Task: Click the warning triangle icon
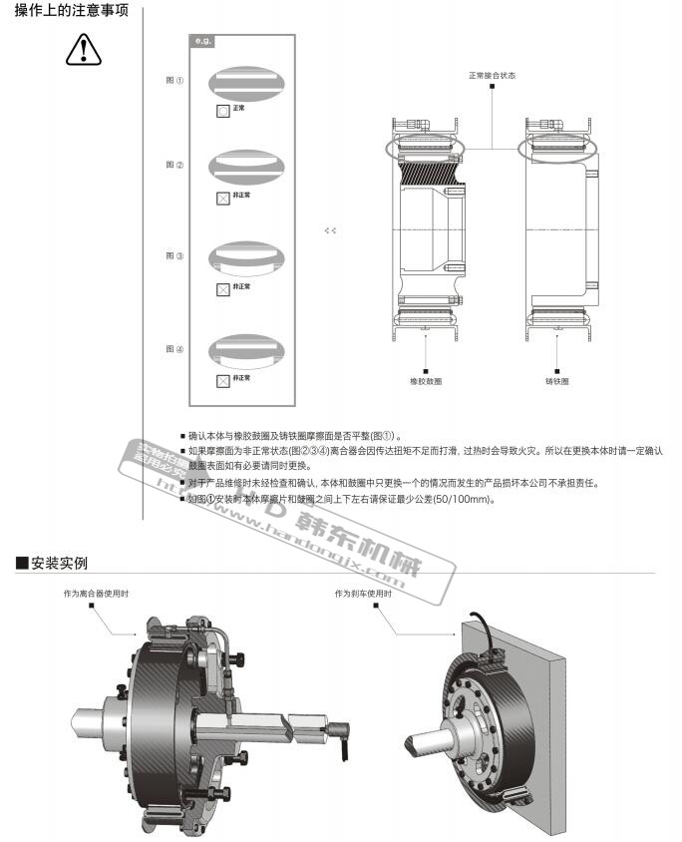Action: [x=84, y=49]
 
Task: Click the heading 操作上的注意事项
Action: [x=71, y=13]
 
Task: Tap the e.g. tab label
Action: [x=202, y=43]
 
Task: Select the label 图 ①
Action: [x=174, y=80]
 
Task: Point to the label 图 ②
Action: [x=174, y=165]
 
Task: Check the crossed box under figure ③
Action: [x=222, y=289]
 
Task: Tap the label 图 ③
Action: [x=174, y=256]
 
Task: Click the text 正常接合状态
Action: [x=492, y=75]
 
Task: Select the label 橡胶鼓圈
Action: [x=426, y=381]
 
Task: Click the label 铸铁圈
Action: [x=556, y=381]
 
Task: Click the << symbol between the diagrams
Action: [x=330, y=230]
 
